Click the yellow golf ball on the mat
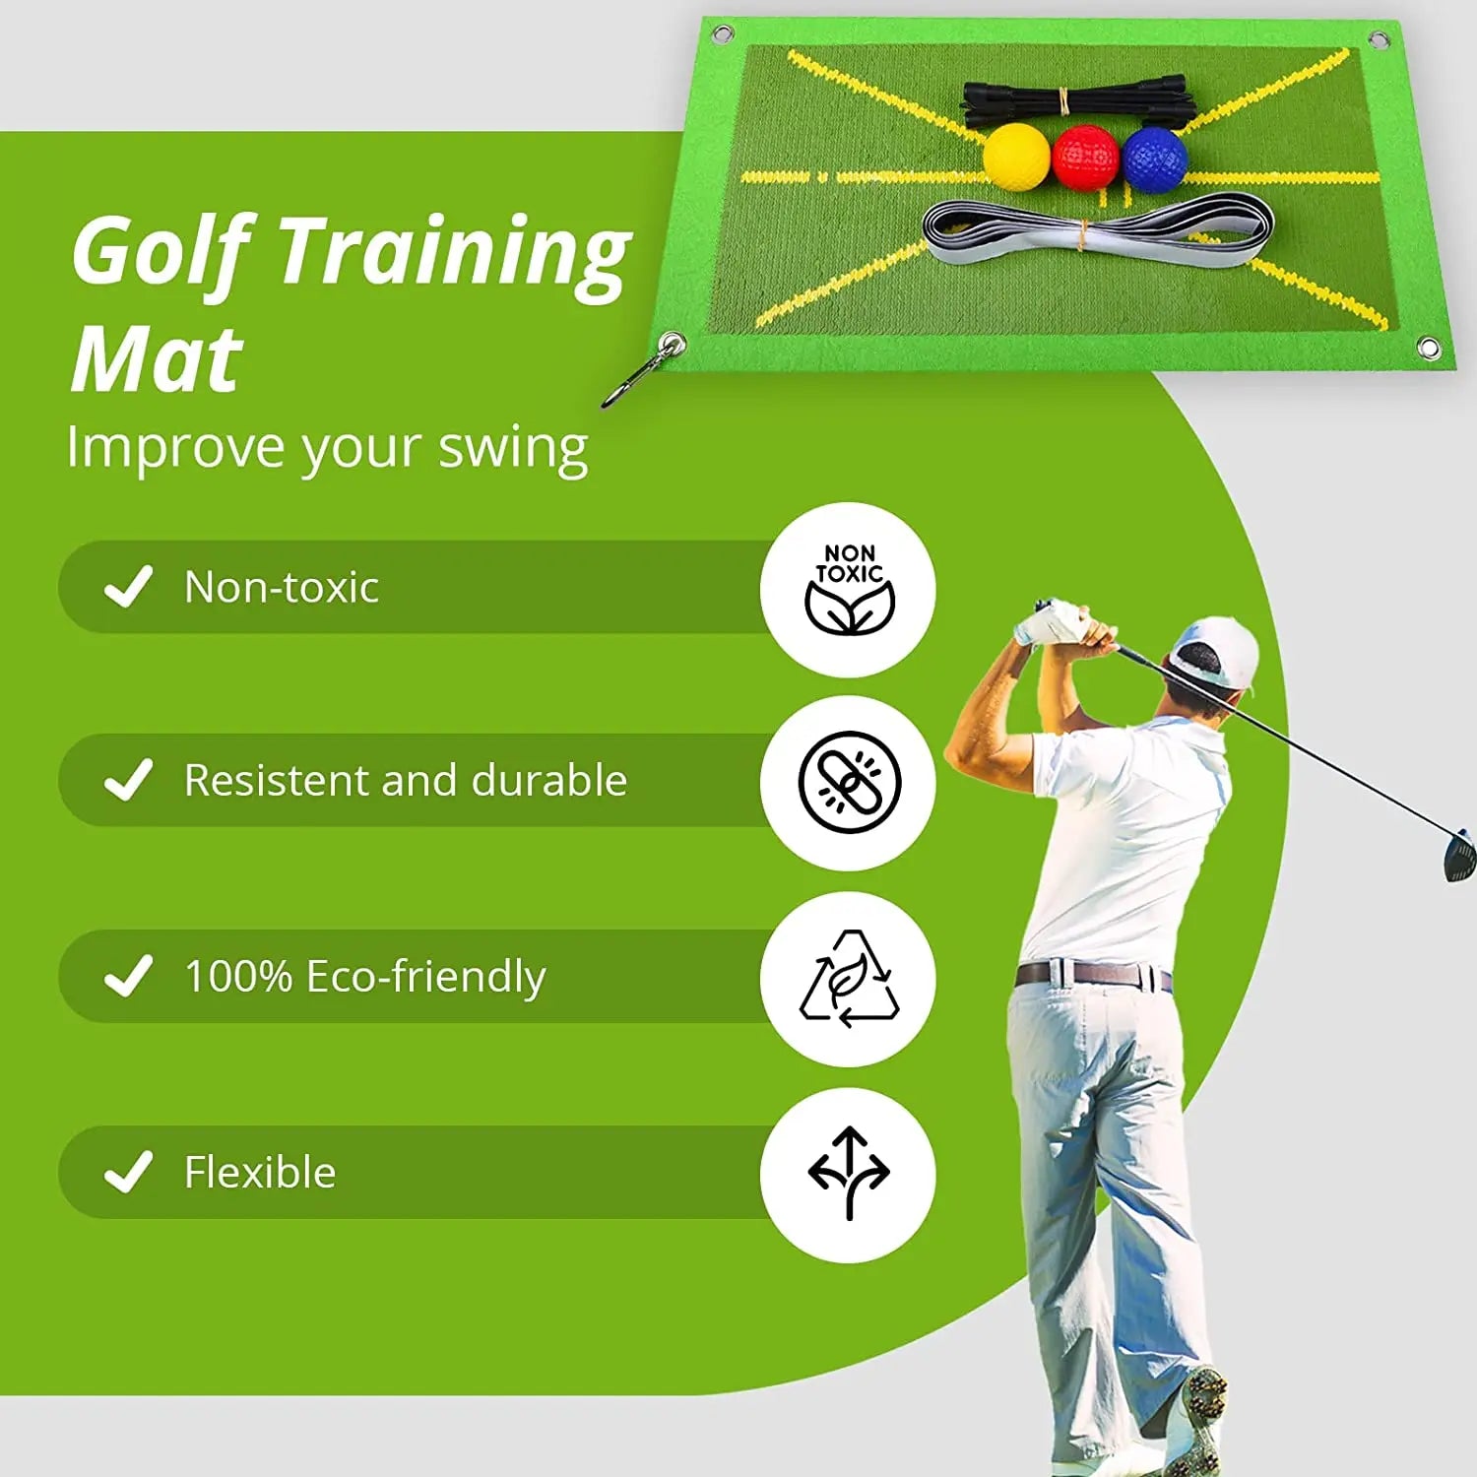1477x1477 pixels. click(x=1016, y=157)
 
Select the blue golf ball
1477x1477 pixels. click(x=1154, y=158)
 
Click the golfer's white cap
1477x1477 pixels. click(x=1219, y=650)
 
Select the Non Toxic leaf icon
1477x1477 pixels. click(x=849, y=590)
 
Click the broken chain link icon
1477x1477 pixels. click(x=849, y=783)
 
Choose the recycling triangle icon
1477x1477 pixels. click(x=849, y=979)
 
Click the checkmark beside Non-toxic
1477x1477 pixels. click(x=129, y=587)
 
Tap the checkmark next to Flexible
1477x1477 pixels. click(x=129, y=1172)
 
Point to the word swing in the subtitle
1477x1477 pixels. click(x=513, y=448)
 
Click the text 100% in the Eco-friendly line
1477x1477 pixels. click(x=238, y=976)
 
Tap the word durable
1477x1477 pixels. click(x=548, y=780)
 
